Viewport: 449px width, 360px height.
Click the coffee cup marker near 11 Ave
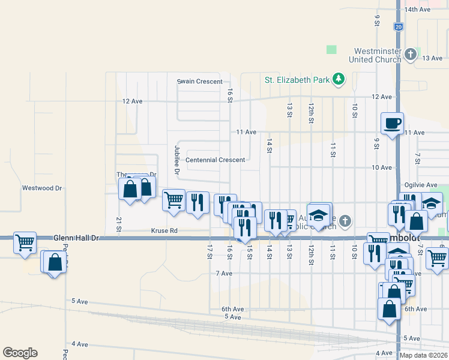click(392, 124)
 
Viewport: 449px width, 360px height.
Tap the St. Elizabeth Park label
click(298, 79)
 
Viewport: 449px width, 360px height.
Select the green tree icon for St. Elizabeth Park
click(339, 79)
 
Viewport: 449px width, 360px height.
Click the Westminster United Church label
click(377, 55)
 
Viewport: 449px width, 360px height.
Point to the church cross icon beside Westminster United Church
click(411, 55)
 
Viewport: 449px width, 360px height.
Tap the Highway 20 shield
click(399, 27)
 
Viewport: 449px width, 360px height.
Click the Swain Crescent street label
click(199, 81)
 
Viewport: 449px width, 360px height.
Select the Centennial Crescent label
click(215, 160)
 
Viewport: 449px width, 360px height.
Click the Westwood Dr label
click(42, 188)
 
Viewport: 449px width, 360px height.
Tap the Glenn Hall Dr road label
click(76, 238)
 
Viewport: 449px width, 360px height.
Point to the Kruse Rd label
click(164, 230)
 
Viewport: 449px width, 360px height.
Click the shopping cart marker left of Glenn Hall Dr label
click(25, 243)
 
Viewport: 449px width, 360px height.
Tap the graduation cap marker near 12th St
click(319, 215)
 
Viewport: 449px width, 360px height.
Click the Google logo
click(20, 353)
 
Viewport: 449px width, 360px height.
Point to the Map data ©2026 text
click(423, 355)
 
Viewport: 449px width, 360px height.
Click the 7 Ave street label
click(224, 273)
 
